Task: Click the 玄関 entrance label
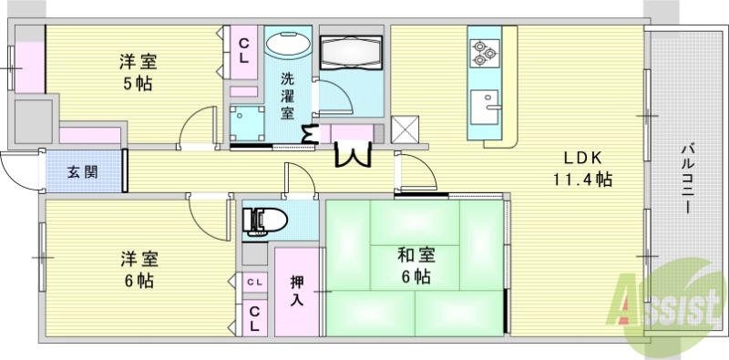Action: pyautogui.click(x=82, y=170)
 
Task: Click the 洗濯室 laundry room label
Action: pyautogui.click(x=287, y=95)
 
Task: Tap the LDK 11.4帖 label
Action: pyautogui.click(x=581, y=167)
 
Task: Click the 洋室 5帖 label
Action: pyautogui.click(x=137, y=73)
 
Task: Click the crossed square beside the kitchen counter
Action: pyautogui.click(x=404, y=129)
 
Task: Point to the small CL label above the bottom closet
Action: pyautogui.click(x=254, y=283)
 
